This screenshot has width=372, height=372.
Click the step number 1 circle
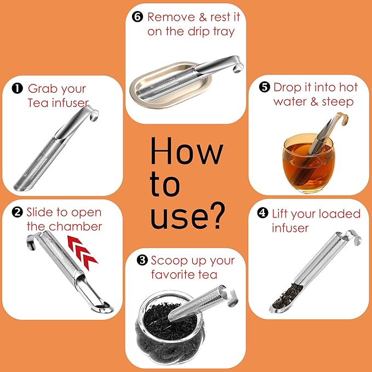[x=18, y=88]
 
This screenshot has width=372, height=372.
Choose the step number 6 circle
[x=138, y=16]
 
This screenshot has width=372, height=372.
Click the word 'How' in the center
[x=186, y=151]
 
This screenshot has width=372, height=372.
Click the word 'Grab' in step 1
[x=42, y=89]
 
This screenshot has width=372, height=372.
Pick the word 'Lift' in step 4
[x=282, y=213]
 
